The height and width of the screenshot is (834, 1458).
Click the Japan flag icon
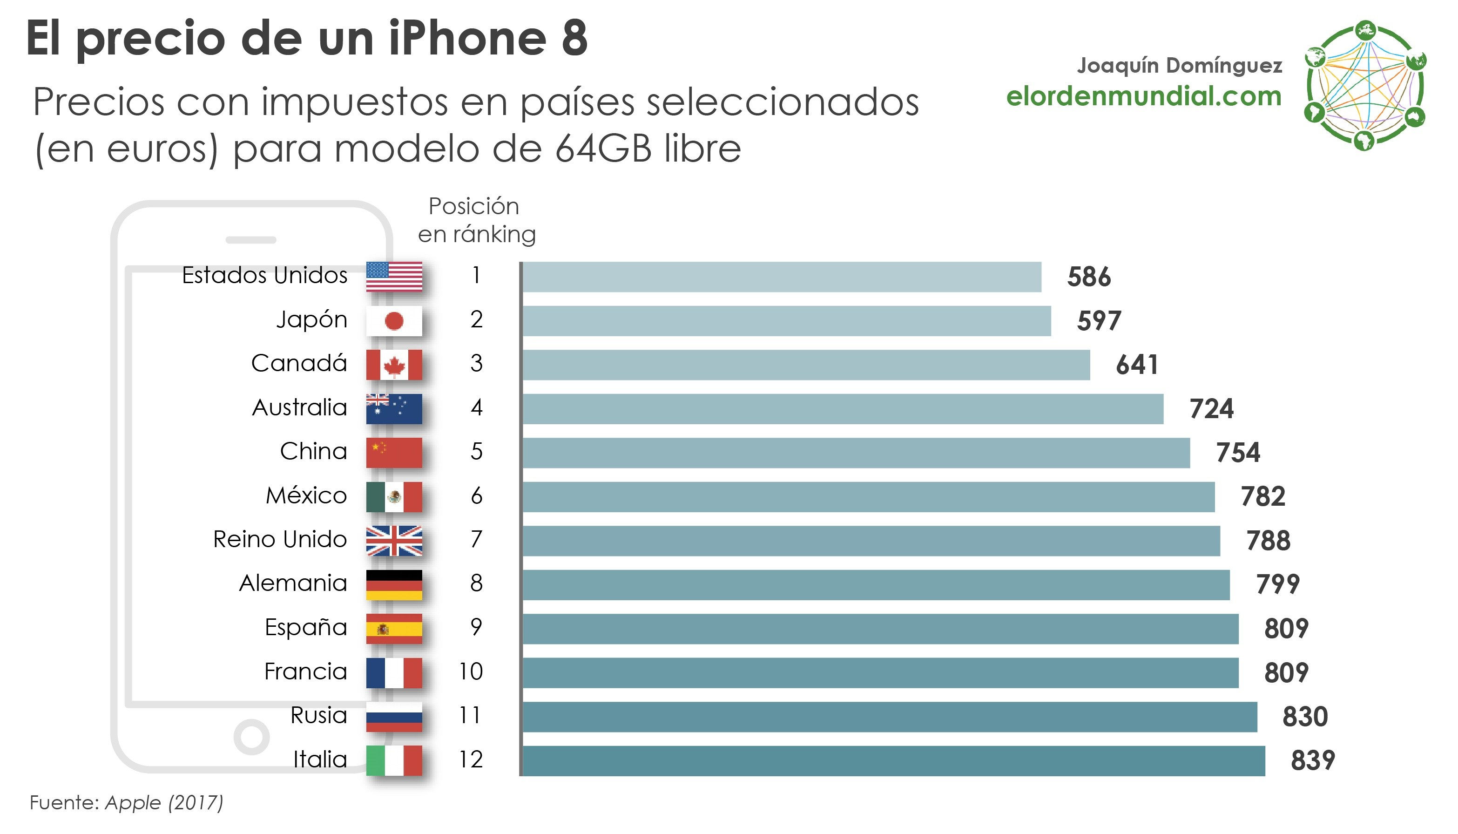(x=394, y=321)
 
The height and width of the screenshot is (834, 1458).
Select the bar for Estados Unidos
(x=782, y=277)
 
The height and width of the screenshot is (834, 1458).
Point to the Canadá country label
(x=299, y=363)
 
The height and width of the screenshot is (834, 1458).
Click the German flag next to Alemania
(x=394, y=585)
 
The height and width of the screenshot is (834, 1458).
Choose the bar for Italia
(x=893, y=761)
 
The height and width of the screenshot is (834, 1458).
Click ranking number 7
(x=476, y=540)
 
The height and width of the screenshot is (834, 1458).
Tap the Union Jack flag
(x=394, y=541)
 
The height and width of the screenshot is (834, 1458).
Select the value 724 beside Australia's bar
(x=1211, y=409)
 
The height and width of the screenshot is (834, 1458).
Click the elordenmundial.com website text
(x=1144, y=96)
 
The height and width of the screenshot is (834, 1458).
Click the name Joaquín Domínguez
(x=1179, y=65)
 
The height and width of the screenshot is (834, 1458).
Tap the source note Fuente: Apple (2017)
(x=127, y=802)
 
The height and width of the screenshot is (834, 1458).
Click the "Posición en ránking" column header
(x=475, y=220)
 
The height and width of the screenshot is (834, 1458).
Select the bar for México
(x=868, y=496)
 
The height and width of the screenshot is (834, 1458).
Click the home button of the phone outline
(x=251, y=737)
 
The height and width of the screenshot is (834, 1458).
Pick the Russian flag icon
(x=394, y=717)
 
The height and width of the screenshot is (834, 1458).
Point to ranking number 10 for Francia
(x=471, y=671)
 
